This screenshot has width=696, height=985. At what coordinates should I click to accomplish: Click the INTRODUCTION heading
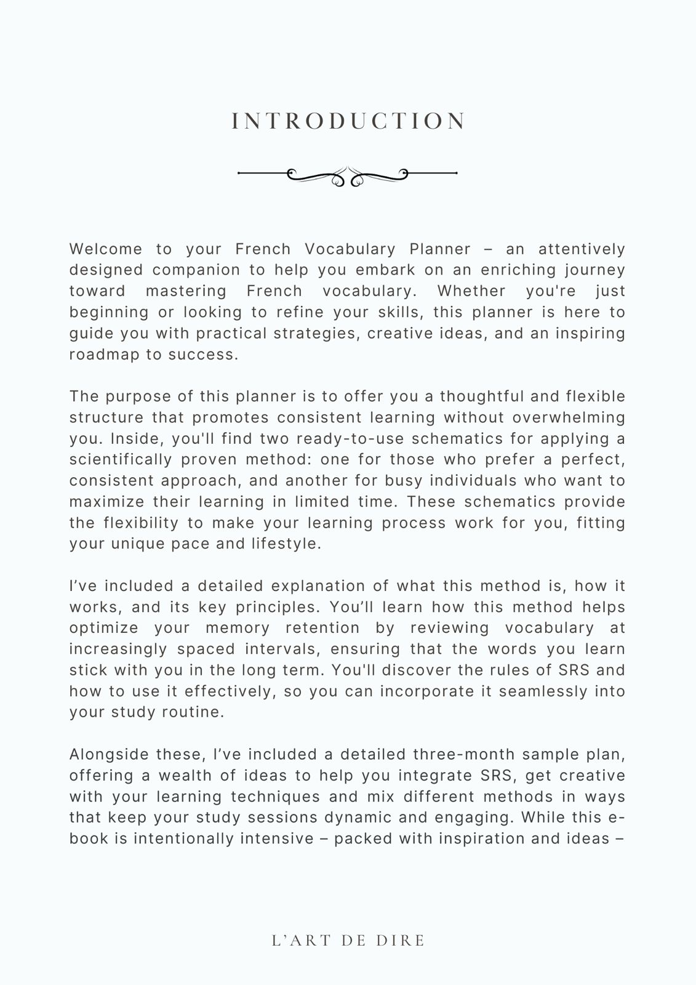tap(348, 121)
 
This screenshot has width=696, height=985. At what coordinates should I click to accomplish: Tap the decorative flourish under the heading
tap(348, 175)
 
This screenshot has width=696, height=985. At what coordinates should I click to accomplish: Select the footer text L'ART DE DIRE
tap(348, 941)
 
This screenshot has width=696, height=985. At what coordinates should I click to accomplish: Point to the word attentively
tap(582, 249)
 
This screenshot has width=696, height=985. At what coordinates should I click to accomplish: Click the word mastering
tap(186, 291)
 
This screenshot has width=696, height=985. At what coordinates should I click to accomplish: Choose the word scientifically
tap(121, 460)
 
